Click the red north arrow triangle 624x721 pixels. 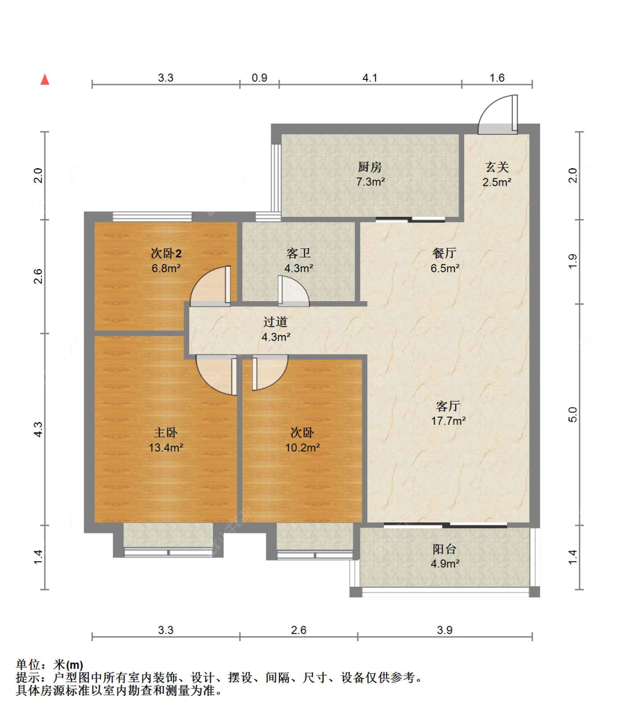coord(44,79)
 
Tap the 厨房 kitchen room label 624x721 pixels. coord(370,167)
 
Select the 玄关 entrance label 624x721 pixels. coord(497,167)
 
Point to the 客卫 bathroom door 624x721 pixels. coord(293,291)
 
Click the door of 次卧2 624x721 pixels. coord(210,286)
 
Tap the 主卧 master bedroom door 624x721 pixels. coord(217,375)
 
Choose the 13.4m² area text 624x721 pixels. coord(166,448)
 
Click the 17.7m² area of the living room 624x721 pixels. coord(448,421)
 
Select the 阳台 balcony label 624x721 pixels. coord(444,550)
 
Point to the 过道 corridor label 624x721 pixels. coord(275,322)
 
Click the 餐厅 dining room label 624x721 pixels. coord(444,253)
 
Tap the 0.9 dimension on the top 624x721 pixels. coord(260,78)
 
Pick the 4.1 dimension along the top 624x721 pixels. coord(370,78)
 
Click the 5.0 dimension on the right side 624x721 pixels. coord(573,415)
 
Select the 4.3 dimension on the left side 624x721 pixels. coord(38,429)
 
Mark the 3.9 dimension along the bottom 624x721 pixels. coord(445,630)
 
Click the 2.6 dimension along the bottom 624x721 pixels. coord(298,630)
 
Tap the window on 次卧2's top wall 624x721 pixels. coord(152,217)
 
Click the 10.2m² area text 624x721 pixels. coord(303,448)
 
